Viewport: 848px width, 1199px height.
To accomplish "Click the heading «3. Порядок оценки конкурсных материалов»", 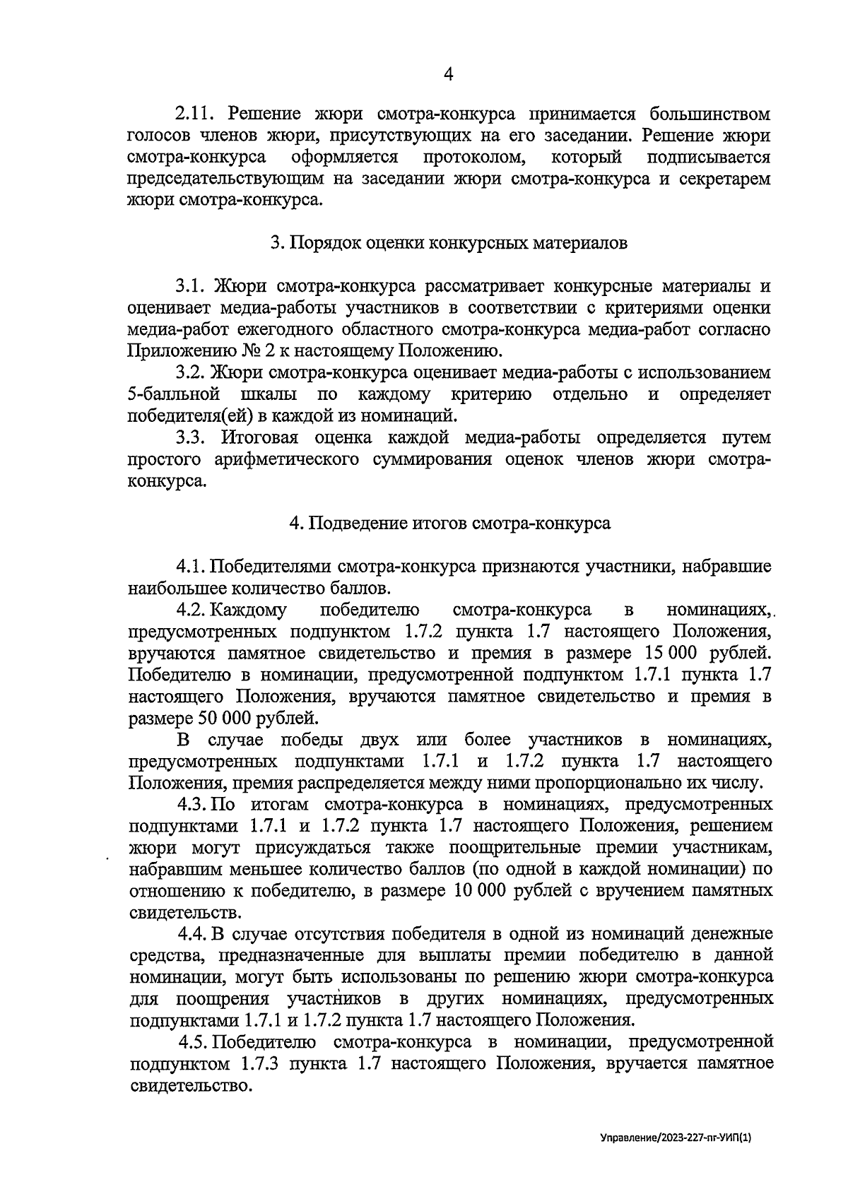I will click(x=449, y=243).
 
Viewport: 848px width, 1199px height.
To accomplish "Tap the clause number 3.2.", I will click(x=194, y=372).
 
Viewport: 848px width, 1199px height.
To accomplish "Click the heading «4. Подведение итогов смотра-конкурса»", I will click(x=449, y=524).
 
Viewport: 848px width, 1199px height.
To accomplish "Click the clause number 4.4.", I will click(x=193, y=934).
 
